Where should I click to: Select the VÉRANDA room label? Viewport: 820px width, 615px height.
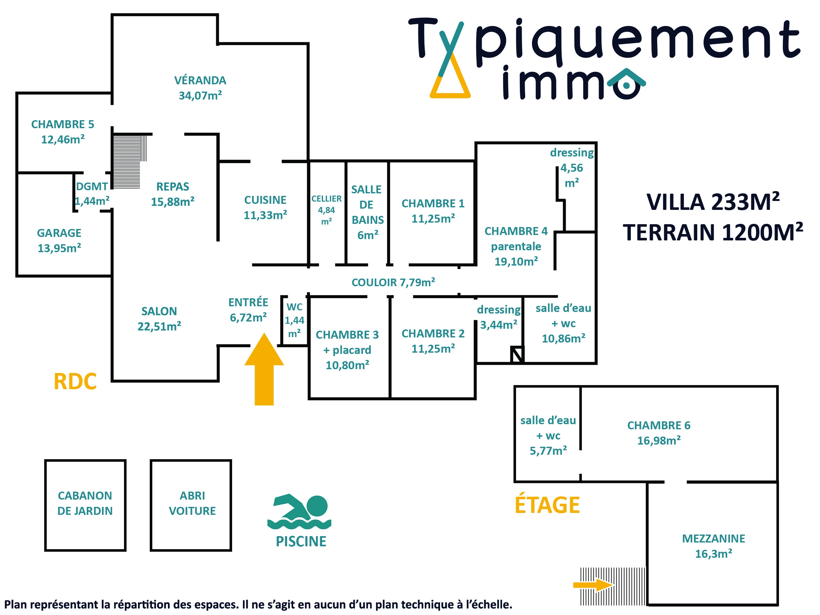200,80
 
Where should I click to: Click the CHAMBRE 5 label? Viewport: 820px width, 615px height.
63,124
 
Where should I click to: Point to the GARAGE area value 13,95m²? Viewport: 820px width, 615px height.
59,248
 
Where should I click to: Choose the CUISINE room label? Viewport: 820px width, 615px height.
265,200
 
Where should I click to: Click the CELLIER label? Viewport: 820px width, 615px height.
326,199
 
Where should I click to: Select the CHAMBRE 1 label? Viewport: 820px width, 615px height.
433,204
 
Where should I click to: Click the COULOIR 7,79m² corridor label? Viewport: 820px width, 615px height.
393,282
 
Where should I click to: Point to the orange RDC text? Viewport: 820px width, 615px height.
75,382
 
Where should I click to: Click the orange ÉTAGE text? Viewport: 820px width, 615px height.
547,505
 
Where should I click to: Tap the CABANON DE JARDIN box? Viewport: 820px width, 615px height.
85,505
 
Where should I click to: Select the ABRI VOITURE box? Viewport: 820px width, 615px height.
191,505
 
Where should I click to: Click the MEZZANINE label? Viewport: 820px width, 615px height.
713,538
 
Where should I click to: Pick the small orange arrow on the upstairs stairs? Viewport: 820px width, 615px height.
592,585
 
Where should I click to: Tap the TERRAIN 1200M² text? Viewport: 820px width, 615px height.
713,232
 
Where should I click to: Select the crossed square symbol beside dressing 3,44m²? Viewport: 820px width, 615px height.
517,355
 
